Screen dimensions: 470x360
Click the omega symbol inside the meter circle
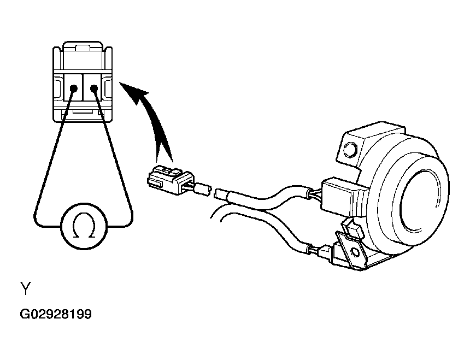click(84, 226)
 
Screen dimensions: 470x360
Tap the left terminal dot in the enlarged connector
click(73, 88)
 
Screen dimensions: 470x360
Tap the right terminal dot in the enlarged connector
click(94, 88)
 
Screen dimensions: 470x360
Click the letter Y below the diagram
click(26, 288)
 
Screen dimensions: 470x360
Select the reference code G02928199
click(55, 315)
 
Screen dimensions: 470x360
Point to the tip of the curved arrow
click(120, 82)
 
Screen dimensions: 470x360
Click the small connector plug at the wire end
click(169, 180)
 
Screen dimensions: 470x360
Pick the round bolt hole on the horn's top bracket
click(350, 149)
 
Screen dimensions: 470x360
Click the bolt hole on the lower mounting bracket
click(355, 252)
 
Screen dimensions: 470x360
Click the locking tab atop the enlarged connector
click(83, 48)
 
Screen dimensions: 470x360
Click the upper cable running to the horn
click(270, 195)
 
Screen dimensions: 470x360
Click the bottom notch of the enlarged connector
click(83, 111)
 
